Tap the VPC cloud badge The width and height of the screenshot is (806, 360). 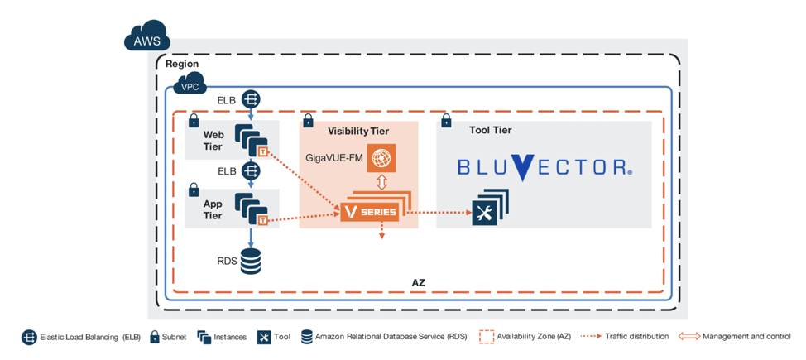coord(190,84)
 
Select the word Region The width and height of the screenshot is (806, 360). coord(182,64)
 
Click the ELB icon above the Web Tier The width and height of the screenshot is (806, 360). coord(251,100)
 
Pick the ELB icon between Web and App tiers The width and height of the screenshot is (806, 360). coord(251,171)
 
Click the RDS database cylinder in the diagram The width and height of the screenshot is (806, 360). coord(250,261)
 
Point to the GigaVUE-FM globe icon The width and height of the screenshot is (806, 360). coord(381,157)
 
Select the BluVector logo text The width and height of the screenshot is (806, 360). coord(545,167)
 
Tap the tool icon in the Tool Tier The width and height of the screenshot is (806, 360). coord(484,213)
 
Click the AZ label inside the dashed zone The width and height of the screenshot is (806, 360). coord(419,282)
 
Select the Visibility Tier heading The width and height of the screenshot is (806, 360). coord(358,131)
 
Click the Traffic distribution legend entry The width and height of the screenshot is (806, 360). coord(625,337)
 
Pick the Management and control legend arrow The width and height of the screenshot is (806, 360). coord(688,337)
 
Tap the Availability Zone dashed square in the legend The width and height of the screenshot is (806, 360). coord(487,337)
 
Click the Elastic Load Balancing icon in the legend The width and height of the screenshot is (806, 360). coord(29,337)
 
